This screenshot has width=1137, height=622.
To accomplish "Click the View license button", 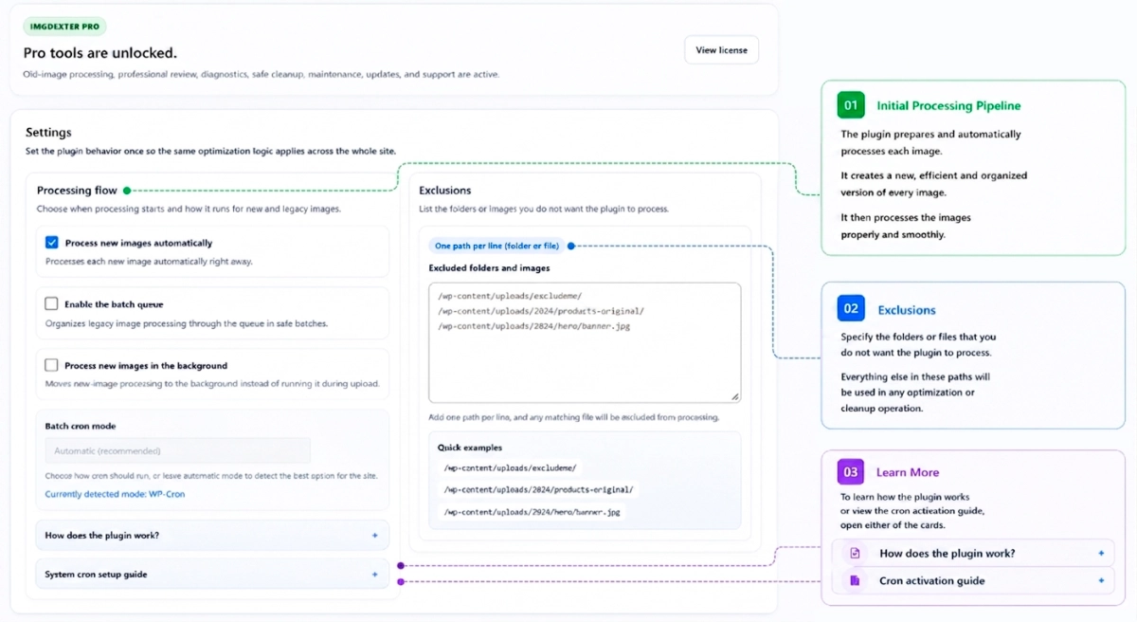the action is [x=721, y=49].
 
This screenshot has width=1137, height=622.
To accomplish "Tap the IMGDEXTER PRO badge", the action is [x=64, y=27].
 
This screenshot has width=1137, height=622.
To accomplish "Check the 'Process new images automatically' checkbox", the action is [x=52, y=242].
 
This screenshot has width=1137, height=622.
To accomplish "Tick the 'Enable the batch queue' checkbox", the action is [x=51, y=303].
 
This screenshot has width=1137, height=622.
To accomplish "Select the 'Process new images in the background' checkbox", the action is [x=51, y=365].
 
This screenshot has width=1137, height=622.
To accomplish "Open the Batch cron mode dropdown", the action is [x=178, y=450].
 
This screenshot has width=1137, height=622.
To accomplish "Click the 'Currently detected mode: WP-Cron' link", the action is [x=115, y=494].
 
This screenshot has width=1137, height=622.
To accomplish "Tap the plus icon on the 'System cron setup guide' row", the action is [x=374, y=575].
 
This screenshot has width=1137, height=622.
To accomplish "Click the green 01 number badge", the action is [x=851, y=105].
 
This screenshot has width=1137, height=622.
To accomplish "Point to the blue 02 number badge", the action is [x=851, y=308].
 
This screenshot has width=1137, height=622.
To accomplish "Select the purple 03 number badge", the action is [x=851, y=471].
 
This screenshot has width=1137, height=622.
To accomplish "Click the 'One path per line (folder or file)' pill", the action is [x=496, y=246].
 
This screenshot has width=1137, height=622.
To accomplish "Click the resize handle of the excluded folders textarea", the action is [x=735, y=396].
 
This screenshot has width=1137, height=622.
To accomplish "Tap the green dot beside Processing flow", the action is [x=127, y=191].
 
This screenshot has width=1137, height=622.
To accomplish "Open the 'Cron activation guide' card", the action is [x=973, y=580].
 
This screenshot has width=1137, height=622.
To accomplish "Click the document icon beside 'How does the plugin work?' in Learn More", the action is [x=855, y=553].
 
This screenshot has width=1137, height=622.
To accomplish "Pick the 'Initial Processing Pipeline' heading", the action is [x=948, y=105].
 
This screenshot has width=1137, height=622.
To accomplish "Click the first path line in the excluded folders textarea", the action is [x=510, y=296].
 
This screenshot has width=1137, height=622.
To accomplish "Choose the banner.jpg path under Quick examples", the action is [x=532, y=512].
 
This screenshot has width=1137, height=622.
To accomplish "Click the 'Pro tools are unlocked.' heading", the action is [x=100, y=53].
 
